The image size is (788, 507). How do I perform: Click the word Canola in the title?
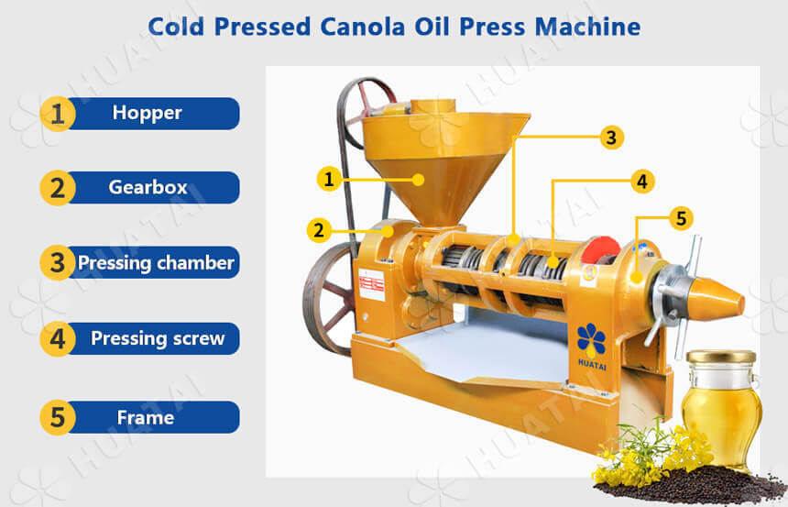362,27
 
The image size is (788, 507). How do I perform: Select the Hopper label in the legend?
148,113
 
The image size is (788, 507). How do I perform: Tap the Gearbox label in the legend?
148,188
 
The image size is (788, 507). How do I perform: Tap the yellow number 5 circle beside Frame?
58,417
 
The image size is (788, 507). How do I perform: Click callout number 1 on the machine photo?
329,179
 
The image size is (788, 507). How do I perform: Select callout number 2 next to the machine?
319,231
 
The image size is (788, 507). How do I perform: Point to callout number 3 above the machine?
611,138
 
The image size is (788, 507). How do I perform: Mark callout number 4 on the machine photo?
642,182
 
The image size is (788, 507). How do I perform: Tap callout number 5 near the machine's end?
681,218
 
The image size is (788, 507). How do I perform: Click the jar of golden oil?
722,408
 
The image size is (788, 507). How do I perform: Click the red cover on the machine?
600,250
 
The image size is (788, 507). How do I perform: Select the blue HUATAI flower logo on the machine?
592,339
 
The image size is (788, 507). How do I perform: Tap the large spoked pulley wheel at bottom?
329,299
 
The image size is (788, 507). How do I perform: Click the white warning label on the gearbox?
371,285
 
